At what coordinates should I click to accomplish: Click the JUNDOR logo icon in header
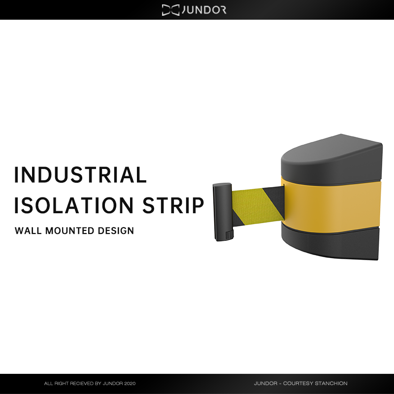click(x=170, y=10)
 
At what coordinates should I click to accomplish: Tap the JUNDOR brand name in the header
click(x=204, y=10)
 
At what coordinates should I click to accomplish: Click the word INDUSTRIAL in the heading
click(x=81, y=175)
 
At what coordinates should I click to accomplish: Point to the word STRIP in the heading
click(x=173, y=205)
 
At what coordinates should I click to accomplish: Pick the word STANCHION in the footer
click(x=331, y=383)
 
